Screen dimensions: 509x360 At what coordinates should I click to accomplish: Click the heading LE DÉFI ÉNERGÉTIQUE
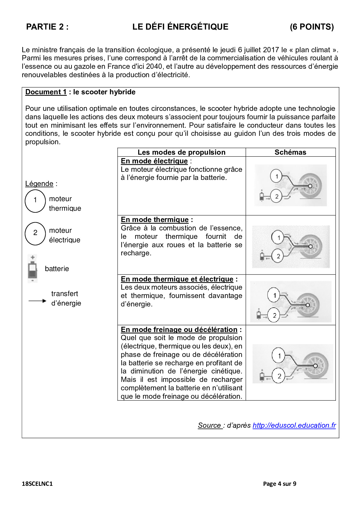pos(180,27)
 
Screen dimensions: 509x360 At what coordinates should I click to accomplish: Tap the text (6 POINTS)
pos(312,27)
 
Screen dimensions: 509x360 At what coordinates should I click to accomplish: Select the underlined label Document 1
pos(46,92)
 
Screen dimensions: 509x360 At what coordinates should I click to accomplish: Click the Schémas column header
pos(290,152)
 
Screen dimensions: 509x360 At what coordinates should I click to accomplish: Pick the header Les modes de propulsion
pos(181,152)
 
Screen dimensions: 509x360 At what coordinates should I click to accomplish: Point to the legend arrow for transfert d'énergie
pos(37,301)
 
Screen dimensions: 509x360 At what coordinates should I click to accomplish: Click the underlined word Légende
pos(39,184)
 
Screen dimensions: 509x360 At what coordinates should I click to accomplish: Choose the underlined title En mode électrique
pos(154,161)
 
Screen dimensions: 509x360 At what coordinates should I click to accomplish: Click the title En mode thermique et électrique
pos(177,279)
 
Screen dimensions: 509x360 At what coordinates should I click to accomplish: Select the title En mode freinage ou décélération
pos(179,330)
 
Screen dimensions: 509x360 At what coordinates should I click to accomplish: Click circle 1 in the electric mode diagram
pos(276,176)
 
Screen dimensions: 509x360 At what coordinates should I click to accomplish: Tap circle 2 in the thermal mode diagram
pos(278,256)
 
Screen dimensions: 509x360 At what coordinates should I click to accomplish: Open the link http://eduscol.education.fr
pos(294,425)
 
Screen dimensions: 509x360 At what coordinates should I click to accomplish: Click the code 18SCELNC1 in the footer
pos(37,484)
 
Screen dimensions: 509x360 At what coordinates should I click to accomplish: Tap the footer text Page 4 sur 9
pos(280,484)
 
